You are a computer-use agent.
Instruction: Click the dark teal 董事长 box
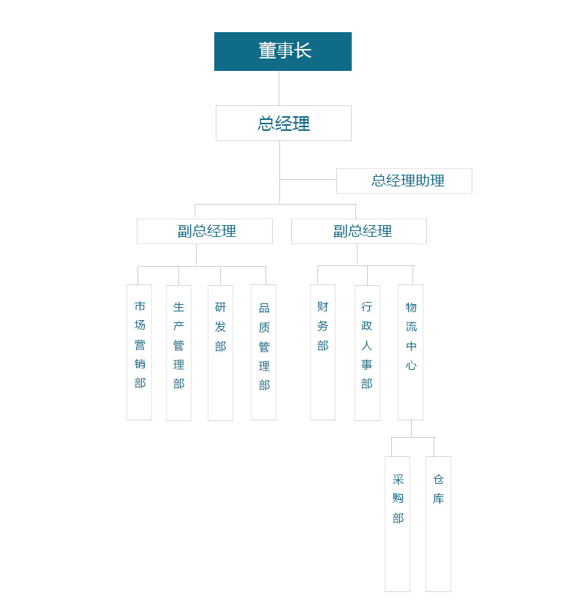click(282, 51)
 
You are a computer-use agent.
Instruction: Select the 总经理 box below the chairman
click(283, 123)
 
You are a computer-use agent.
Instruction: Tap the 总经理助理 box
click(404, 181)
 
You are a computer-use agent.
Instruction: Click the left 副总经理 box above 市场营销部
click(205, 231)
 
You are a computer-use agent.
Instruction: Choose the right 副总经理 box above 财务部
click(359, 231)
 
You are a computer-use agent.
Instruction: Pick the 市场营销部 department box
click(139, 352)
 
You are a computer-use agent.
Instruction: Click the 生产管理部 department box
click(178, 353)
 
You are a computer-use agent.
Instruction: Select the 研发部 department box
click(220, 353)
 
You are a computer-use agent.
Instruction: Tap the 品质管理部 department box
click(263, 352)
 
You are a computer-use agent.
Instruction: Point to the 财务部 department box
click(322, 352)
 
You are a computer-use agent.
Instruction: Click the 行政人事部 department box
click(367, 353)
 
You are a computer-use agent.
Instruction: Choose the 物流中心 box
click(410, 352)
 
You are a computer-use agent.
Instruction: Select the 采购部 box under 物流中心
click(397, 524)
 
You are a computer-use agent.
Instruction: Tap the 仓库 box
click(438, 524)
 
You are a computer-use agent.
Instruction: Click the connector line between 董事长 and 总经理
click(279, 88)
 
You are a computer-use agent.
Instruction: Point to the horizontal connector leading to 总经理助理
click(308, 179)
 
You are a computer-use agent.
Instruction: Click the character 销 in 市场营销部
click(140, 364)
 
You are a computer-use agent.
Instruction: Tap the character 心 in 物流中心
click(411, 365)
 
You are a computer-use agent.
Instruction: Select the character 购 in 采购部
click(398, 498)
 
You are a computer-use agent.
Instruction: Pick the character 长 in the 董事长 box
click(303, 50)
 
